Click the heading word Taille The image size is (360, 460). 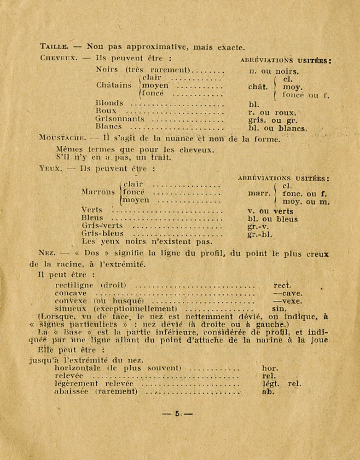(54, 46)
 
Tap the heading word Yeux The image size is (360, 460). (50, 168)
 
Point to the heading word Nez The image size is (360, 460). (47, 253)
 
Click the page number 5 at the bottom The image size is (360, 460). (177, 414)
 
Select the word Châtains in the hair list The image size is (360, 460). (114, 85)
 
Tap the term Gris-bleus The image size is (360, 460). (103, 233)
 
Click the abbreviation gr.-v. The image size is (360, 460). (258, 226)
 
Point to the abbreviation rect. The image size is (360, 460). (282, 285)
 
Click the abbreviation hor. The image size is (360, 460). (270, 368)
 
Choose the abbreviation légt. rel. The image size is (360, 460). (282, 384)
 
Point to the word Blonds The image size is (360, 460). (110, 103)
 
